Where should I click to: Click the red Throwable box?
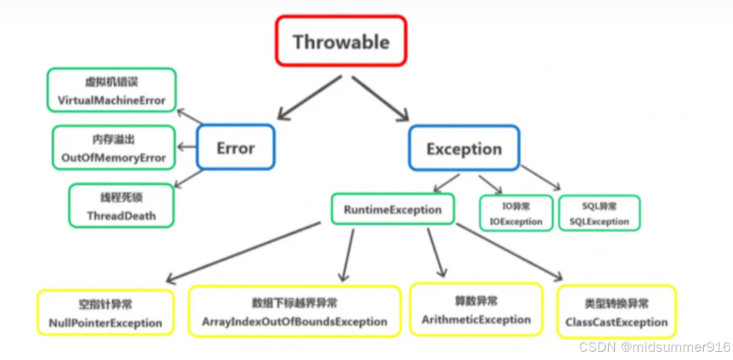[341, 42]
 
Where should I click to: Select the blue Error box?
[235, 147]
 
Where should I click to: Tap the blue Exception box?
[464, 148]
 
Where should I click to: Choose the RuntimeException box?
[392, 210]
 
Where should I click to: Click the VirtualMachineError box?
[111, 91]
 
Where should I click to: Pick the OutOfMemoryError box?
[114, 148]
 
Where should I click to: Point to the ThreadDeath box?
[121, 206]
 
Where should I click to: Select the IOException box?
[516, 213]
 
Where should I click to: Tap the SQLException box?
[599, 213]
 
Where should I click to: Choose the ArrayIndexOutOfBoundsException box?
[294, 311]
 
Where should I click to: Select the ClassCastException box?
[616, 312]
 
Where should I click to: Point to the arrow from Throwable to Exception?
[381, 98]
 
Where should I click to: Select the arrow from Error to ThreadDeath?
[188, 179]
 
